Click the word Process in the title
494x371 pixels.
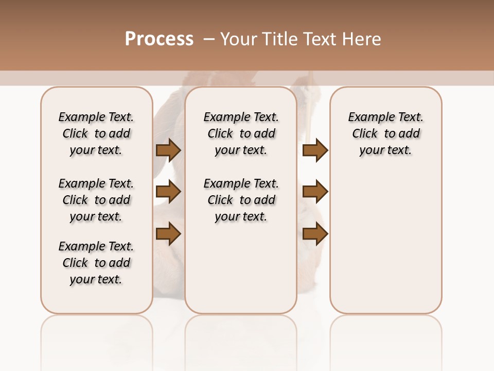click(x=159, y=39)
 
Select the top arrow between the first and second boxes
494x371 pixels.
click(x=168, y=150)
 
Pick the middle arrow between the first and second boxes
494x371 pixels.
click(x=168, y=192)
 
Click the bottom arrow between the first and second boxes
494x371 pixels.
click(x=168, y=234)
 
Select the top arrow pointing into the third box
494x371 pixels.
click(x=315, y=150)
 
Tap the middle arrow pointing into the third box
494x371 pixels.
click(x=315, y=192)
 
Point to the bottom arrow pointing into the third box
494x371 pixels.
click(x=315, y=234)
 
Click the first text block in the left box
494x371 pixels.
click(x=96, y=133)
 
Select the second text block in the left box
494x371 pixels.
click(x=96, y=200)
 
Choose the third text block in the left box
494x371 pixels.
click(x=96, y=263)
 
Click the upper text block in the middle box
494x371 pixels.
click(x=241, y=133)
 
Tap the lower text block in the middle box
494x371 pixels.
click(x=241, y=200)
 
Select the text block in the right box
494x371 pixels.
click(x=385, y=133)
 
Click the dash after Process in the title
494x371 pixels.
click(x=208, y=39)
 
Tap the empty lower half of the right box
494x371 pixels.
click(x=385, y=247)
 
